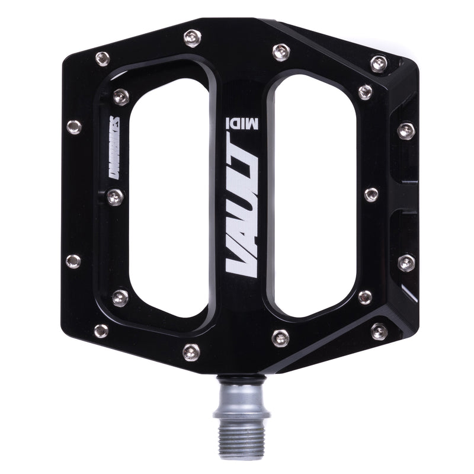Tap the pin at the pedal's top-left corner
tap(102, 57)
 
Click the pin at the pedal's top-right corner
tap(378, 63)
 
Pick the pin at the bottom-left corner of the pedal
tap(101, 330)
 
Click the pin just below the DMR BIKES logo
tap(116, 197)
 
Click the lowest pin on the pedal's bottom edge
tap(191, 351)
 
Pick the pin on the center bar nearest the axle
tap(280, 338)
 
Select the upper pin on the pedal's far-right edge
tap(406, 131)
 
